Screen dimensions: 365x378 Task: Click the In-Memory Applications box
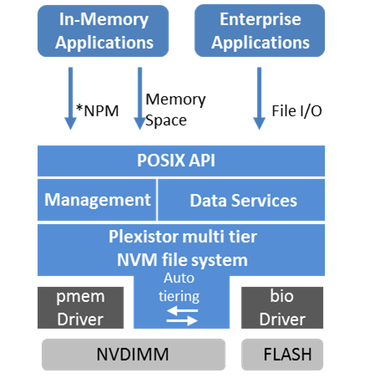tap(103, 31)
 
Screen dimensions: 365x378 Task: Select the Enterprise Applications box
tap(260, 31)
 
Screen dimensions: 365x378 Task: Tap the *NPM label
tap(97, 110)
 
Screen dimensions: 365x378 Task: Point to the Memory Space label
tap(176, 110)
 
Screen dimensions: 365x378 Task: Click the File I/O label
tap(297, 110)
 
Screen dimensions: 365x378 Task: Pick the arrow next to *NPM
tap(70, 99)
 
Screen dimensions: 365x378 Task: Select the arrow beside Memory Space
tap(140, 99)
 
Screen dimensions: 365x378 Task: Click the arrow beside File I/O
tap(260, 99)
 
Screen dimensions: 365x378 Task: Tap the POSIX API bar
tap(182, 161)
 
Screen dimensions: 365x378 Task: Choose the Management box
tap(97, 200)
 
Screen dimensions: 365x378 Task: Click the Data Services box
tap(241, 200)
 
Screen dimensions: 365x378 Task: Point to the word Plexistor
tap(144, 237)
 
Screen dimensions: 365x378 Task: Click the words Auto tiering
tap(179, 287)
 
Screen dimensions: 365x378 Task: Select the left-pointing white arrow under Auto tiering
tap(182, 310)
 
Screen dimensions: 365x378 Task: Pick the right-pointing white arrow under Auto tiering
tap(182, 321)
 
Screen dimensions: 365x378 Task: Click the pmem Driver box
tap(80, 308)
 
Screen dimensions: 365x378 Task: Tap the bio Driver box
tap(282, 308)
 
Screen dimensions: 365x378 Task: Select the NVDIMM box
tap(134, 355)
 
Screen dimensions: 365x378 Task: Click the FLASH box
tap(282, 355)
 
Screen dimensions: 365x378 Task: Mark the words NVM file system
tap(182, 260)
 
